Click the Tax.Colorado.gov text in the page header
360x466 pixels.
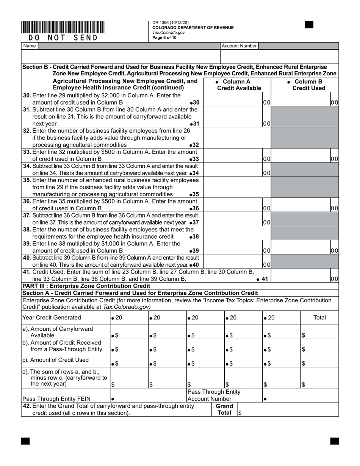coord(169,33)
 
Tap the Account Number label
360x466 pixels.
coord(239,46)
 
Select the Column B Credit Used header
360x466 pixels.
coord(307,85)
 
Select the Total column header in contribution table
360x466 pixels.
coord(319,317)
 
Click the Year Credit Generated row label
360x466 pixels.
coord(52,317)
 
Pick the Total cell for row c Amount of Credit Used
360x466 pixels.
coord(319,364)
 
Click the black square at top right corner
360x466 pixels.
coord(309,25)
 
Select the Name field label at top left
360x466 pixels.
coord(30,46)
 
